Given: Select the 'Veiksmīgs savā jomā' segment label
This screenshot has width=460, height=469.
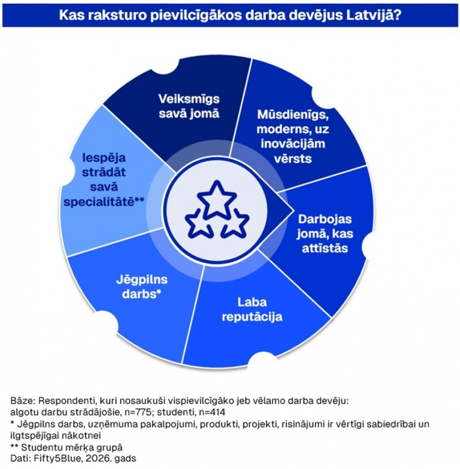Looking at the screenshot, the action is tap(189, 106).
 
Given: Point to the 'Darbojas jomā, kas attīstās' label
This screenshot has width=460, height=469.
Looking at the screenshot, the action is tap(325, 234).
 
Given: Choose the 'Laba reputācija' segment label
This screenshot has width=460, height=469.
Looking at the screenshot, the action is tap(252, 309).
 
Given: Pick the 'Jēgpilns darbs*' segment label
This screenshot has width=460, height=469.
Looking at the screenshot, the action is tap(142, 287).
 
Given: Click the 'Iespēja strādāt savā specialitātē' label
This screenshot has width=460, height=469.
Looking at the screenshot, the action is tap(104, 180).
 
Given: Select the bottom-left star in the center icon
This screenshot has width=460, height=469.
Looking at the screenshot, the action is tap(198, 225).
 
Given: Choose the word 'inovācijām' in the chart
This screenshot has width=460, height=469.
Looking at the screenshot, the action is tap(293, 144).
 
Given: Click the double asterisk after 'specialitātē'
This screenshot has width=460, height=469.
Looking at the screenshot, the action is tap(139, 199).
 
